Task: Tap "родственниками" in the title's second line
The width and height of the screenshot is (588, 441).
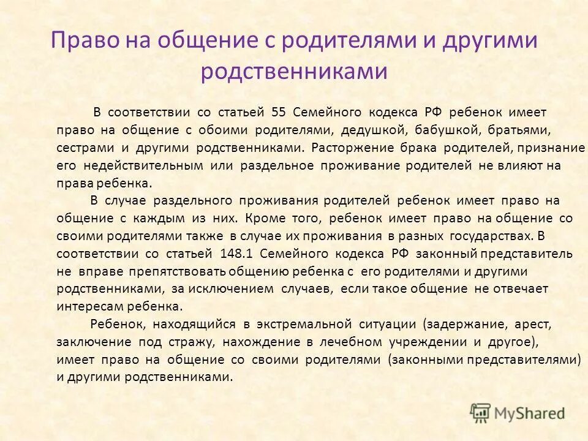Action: tap(294, 72)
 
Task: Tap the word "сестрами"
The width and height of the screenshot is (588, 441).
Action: tap(80, 148)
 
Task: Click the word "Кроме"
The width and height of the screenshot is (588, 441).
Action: tap(268, 219)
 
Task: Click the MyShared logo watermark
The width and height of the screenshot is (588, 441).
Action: tap(518, 412)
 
